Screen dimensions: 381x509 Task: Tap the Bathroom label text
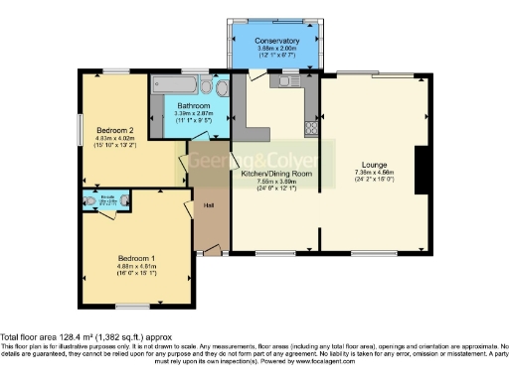click(x=193, y=105)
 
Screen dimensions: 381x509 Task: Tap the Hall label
click(x=209, y=205)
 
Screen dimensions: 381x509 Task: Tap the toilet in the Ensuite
click(x=89, y=209)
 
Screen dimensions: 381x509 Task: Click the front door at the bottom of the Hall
click(x=211, y=254)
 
